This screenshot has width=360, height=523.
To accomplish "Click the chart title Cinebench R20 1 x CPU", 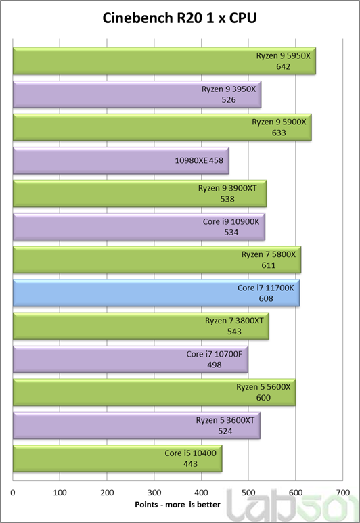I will (x=180, y=18).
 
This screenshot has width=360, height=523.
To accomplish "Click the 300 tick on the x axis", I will (x=154, y=493).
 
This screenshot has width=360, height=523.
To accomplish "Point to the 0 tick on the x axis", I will (x=14, y=493).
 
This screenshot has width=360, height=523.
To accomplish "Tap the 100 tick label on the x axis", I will (x=60, y=493).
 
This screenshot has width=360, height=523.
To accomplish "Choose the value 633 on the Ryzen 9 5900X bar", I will (x=279, y=133).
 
